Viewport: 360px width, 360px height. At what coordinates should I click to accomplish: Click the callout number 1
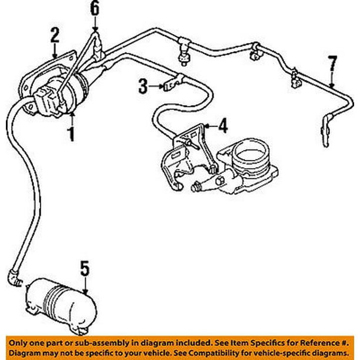click(71, 135)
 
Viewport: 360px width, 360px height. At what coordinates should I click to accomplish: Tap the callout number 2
click(55, 35)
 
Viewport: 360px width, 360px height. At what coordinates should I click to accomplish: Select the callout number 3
click(142, 86)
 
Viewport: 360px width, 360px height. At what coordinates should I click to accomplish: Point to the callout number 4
click(222, 125)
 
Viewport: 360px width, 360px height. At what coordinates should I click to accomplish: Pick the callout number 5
click(84, 270)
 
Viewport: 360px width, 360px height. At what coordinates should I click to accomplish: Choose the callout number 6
click(95, 8)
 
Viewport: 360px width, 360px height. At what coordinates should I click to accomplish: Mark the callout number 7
click(332, 61)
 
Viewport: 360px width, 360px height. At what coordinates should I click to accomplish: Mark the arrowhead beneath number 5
click(84, 291)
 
